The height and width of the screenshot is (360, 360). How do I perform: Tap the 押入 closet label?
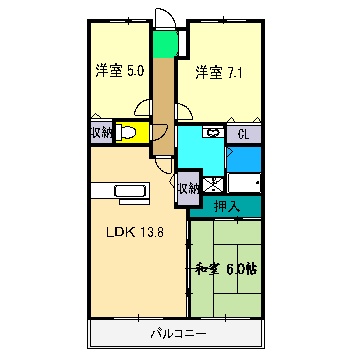(x=227, y=206)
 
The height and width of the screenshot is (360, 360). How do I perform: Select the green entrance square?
(x=163, y=46)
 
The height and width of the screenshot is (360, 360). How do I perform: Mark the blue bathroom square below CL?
(x=243, y=158)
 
